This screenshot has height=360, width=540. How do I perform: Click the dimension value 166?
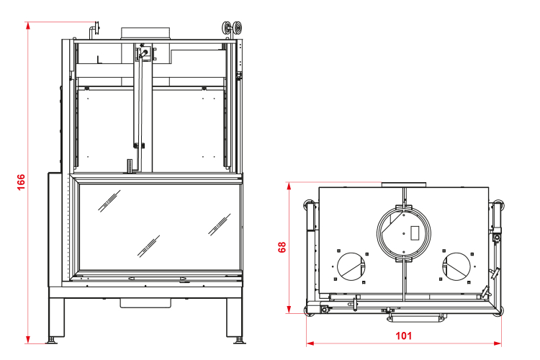[x=21, y=182]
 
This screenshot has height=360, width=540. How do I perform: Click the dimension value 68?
[x=282, y=247]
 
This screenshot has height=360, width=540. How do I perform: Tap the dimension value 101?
[x=404, y=336]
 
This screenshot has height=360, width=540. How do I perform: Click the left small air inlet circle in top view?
[x=338, y=266]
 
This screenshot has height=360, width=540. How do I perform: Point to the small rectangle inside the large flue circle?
[x=415, y=233]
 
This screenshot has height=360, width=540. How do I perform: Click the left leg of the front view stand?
[x=56, y=318]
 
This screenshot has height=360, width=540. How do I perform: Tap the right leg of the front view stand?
[x=235, y=318]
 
